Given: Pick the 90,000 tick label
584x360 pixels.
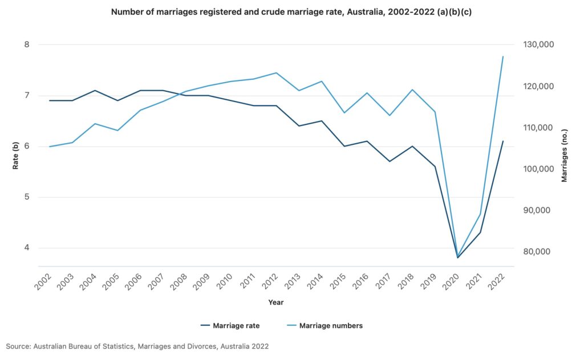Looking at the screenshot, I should coord(534,211).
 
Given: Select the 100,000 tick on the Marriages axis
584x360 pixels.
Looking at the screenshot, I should coord(536,169).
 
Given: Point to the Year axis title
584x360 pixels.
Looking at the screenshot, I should coord(275,302).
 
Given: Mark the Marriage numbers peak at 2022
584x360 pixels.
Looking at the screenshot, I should coord(503,56).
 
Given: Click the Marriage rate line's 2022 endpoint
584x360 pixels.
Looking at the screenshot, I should coord(503,141).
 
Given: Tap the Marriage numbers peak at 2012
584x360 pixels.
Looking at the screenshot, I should coord(276,72).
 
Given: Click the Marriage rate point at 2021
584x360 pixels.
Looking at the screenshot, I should coord(480,232).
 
